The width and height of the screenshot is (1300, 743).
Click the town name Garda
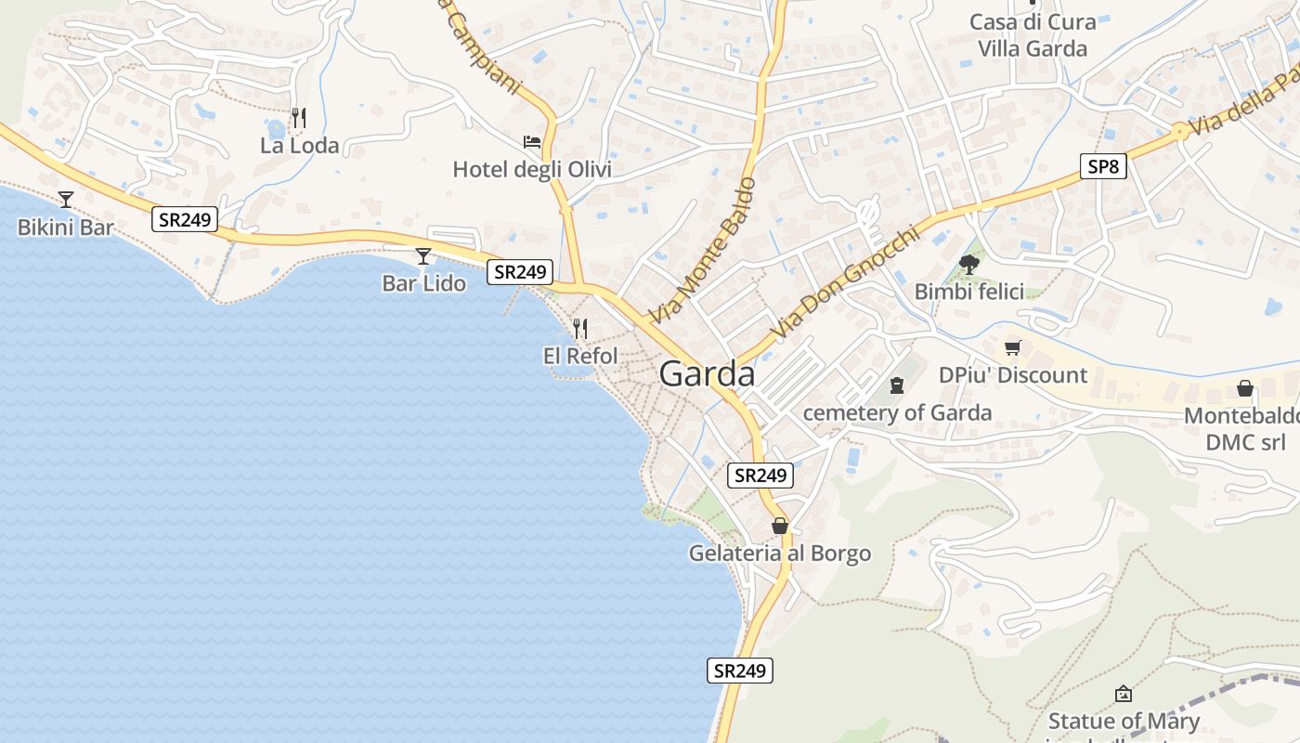707,374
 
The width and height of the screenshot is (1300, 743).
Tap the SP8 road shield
1104,167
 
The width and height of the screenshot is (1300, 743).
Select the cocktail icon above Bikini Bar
66,199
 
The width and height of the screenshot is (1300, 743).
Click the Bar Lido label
423,283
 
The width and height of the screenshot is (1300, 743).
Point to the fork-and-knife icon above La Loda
299,118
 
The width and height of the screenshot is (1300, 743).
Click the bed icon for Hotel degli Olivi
532,142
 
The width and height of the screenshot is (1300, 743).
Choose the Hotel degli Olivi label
532,170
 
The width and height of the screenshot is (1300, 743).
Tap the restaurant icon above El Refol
580,328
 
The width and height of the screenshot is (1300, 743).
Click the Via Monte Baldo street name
703,251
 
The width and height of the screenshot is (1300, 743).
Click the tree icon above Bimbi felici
969,265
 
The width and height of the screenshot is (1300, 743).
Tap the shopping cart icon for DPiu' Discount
1012,348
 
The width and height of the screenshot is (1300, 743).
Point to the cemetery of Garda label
897,412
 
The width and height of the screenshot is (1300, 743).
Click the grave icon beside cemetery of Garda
897,385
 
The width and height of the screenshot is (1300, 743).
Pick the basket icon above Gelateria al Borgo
780,526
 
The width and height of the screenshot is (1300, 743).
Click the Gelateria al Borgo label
780,554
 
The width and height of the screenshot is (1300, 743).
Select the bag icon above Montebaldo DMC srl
1245,388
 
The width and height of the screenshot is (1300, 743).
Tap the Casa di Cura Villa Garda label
1033,35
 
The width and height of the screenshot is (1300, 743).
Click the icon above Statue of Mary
1124,693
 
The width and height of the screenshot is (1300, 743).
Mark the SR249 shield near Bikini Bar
185,220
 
